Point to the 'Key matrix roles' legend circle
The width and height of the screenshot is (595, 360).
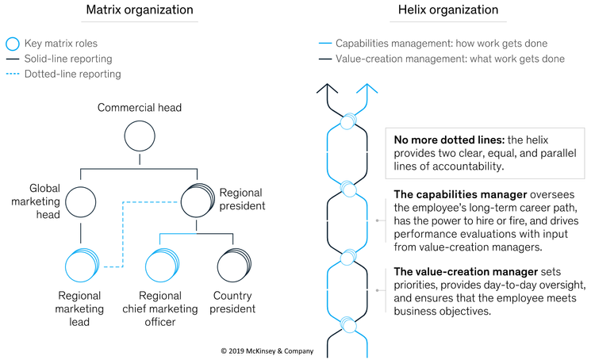click(x=11, y=45)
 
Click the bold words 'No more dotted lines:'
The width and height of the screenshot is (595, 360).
click(x=448, y=140)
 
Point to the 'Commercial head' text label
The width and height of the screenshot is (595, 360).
click(x=140, y=107)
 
